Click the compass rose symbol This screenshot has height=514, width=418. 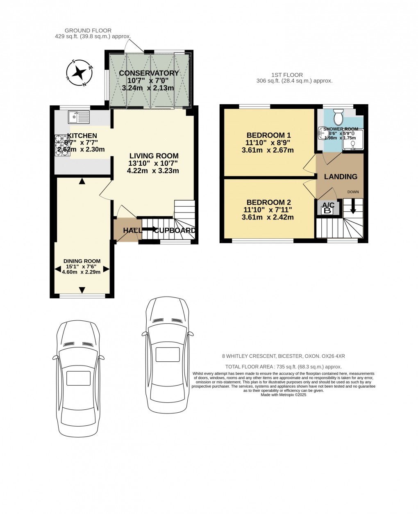(78, 73)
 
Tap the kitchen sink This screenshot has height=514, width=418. (78, 117)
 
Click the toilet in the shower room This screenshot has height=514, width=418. (338, 118)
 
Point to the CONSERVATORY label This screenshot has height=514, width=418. (149, 73)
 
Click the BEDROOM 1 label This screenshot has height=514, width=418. (268, 135)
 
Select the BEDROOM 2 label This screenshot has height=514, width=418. (268, 202)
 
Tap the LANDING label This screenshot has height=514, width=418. (341, 177)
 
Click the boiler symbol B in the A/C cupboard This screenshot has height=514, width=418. (327, 211)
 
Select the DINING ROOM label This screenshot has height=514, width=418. (82, 261)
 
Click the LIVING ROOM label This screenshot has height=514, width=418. (154, 156)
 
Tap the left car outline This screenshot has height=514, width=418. (78, 377)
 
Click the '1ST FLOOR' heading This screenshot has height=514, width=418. (287, 75)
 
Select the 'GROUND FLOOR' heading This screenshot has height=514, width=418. (88, 31)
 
